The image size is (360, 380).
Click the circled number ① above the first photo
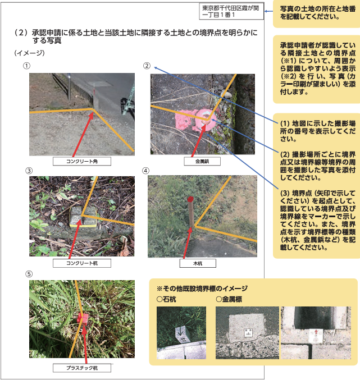pos(26,66)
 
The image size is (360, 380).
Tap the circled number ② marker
pos(147,66)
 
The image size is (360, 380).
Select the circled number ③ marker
pos(29,171)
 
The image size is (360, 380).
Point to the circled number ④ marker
pos(145,171)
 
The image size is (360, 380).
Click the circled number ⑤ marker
pos(29,274)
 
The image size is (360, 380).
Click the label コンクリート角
pos(82,162)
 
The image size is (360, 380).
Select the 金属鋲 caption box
pos(202,162)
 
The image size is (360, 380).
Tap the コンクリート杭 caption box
pos(82,263)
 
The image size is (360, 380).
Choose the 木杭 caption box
pos(198,263)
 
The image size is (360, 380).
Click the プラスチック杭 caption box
pos(82,368)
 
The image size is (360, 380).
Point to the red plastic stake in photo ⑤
pos(83,319)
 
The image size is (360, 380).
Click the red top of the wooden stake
pos(190,199)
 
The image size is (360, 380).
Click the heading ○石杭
pos(166,299)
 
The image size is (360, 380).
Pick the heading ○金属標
pos(229,299)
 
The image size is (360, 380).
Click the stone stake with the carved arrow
pos(182,335)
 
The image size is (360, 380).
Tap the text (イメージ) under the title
pos(30,53)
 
